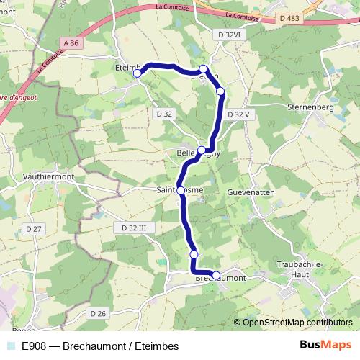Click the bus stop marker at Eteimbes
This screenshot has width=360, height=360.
click(x=138, y=73)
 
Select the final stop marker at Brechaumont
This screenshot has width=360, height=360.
click(x=216, y=275)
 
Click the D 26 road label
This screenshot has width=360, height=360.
click(x=98, y=312)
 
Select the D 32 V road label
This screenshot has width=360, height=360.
click(x=237, y=114)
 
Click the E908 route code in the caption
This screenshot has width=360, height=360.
click(x=35, y=346)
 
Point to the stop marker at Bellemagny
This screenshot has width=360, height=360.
click(x=202, y=150)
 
